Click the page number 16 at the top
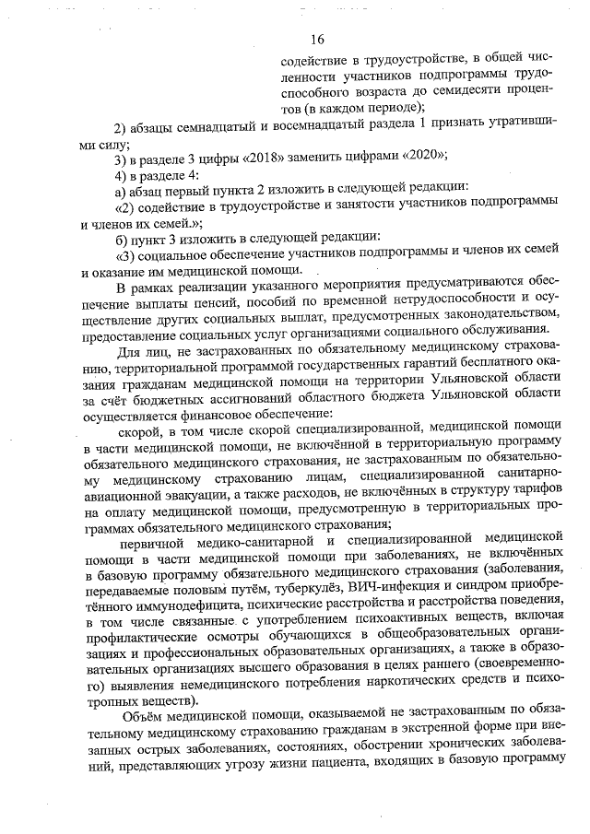317,39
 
